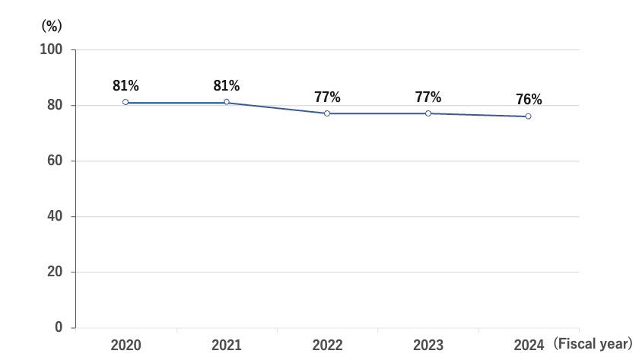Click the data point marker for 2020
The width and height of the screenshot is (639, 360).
coord(126,102)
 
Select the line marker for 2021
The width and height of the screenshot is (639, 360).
coord(227,102)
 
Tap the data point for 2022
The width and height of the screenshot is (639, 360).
coord(327,113)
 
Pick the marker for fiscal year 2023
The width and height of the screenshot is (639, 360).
coord(428,113)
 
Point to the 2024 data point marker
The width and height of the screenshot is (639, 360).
coord(529,116)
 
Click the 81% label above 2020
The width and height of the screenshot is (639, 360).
coord(126,86)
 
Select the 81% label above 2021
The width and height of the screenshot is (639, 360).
coord(227,86)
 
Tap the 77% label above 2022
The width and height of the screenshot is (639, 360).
coord(327,97)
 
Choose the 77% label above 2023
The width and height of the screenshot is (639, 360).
coord(428,97)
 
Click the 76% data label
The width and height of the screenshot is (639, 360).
coord(529,100)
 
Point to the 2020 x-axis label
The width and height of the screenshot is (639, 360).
coord(126,346)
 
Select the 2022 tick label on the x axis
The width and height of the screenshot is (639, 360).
coord(327,346)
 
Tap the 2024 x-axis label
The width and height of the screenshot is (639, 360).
coord(529,346)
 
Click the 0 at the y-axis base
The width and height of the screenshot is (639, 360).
coord(59,328)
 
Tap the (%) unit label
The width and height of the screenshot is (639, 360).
coord(51,25)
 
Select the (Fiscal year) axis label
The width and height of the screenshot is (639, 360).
coord(593,345)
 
